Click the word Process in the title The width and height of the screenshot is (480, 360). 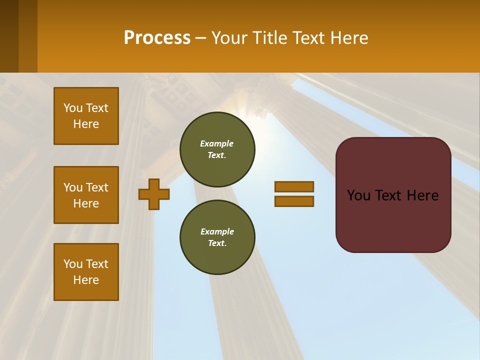(157, 38)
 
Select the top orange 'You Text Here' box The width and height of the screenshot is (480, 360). (86, 116)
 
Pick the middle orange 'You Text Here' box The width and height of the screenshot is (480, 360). (86, 195)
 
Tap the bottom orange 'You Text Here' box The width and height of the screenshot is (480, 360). (86, 272)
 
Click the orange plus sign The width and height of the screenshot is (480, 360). (154, 194)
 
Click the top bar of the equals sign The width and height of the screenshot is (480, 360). (294, 186)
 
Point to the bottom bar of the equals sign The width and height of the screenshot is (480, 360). (294, 201)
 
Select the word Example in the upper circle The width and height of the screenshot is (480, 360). (217, 143)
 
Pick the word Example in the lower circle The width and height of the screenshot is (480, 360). (217, 231)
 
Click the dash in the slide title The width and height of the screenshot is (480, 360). (200, 38)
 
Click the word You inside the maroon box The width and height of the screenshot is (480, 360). (358, 195)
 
